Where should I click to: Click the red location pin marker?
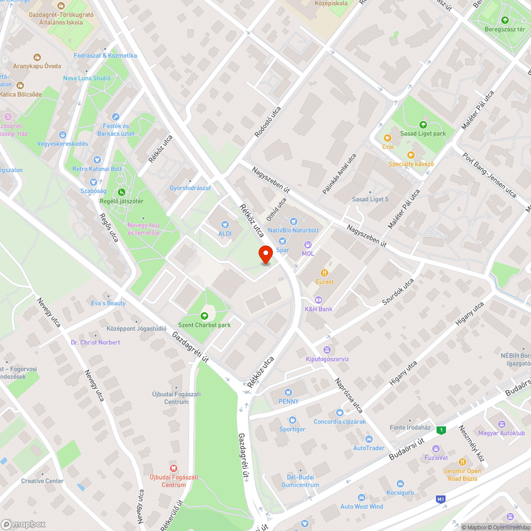click(265, 254)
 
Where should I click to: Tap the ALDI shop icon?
click(225, 225)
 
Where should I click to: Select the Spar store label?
click(282, 250)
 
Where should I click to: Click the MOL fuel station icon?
click(307, 244)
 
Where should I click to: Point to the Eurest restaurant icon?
click(325, 273)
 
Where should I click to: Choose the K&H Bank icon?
click(319, 300)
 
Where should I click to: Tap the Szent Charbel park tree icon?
click(204, 316)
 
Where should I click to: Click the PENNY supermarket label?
click(288, 401)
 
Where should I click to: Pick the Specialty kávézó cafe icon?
click(410, 155)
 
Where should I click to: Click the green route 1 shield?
click(440, 430)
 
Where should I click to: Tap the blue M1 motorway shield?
click(440, 499)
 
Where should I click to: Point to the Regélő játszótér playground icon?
click(122, 192)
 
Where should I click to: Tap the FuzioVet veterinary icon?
click(436, 449)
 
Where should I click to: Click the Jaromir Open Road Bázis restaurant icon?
click(462, 462)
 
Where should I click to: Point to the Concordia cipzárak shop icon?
click(339, 412)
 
